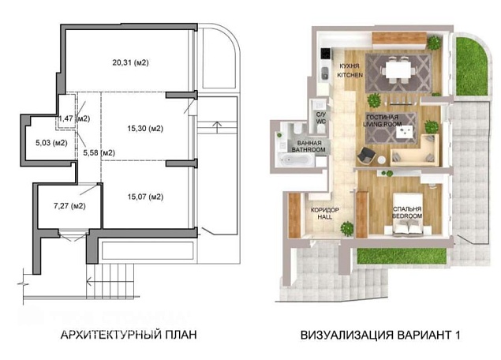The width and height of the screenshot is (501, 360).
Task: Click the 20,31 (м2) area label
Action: coord(130,62)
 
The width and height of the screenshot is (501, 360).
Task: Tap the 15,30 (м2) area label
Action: coord(145,129)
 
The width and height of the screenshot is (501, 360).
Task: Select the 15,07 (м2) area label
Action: coord(145,197)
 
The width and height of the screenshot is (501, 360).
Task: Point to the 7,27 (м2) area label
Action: coord(69,206)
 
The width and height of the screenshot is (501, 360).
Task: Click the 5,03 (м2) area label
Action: coord(51,143)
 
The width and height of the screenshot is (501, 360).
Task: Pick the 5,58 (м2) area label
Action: coord(99,153)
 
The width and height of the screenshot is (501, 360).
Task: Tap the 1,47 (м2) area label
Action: coord(74,118)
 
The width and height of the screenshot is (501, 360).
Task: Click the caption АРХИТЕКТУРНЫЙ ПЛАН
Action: coord(129,335)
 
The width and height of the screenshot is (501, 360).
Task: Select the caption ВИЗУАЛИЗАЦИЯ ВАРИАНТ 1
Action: coord(380,335)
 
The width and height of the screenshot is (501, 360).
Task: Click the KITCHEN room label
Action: coord(350,75)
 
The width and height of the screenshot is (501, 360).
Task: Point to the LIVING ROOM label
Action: coord(383,124)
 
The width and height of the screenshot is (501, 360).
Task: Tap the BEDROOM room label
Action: coord(407,216)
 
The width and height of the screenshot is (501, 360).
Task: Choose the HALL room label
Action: coord(325,217)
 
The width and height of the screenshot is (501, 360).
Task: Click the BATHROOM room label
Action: coord(308,150)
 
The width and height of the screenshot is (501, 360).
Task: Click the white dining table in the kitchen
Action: coord(398,69)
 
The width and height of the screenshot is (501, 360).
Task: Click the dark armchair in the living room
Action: coord(366,156)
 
